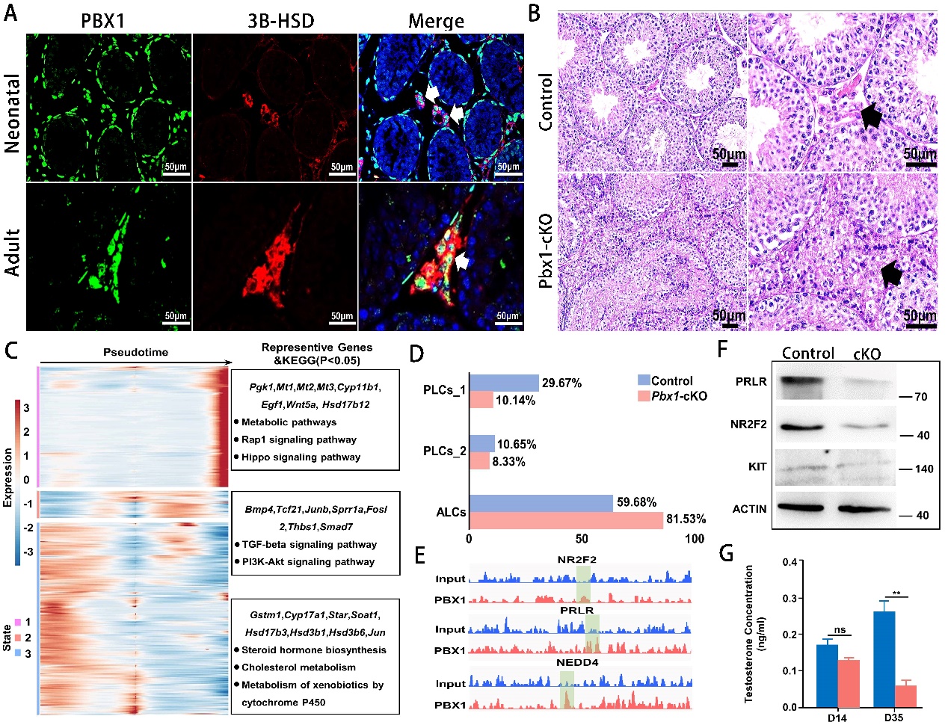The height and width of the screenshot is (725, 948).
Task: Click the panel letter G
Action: [725, 554]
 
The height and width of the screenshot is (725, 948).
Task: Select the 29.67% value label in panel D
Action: [561, 383]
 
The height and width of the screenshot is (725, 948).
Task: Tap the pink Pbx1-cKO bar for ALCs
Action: [566, 519]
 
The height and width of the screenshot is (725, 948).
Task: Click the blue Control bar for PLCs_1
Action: [504, 383]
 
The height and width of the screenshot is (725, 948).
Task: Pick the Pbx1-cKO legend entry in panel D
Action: [678, 396]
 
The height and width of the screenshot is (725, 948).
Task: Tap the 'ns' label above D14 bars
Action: [840, 630]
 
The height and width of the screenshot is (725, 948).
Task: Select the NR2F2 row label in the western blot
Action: [748, 425]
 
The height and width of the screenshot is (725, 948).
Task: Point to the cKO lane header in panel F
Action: [867, 354]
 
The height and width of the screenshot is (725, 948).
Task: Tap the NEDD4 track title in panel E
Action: [576, 662]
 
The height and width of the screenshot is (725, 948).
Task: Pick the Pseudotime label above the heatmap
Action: [135, 352]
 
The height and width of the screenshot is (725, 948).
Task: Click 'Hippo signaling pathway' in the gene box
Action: [301, 457]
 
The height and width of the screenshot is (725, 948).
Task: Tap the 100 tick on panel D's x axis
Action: [695, 539]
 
